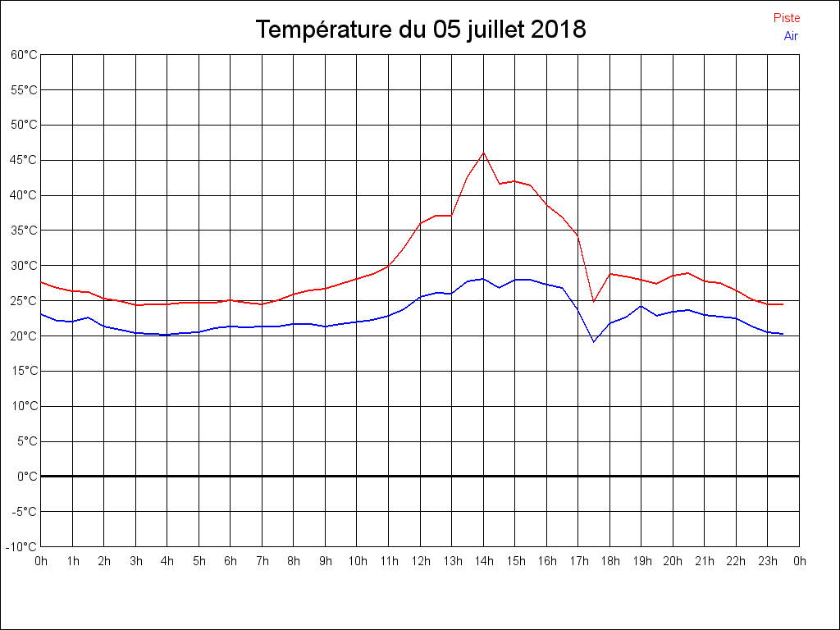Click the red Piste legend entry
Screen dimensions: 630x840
pyautogui.click(x=786, y=18)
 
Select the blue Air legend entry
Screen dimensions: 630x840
pyautogui.click(x=791, y=36)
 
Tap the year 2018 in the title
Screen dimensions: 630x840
pyautogui.click(x=558, y=30)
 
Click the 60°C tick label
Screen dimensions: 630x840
pyautogui.click(x=24, y=55)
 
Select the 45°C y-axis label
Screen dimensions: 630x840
pyautogui.click(x=24, y=160)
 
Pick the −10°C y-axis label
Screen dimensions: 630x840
pyautogui.click(x=22, y=546)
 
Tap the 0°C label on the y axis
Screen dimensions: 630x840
pyautogui.click(x=26, y=477)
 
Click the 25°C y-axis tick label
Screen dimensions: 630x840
pyautogui.click(x=24, y=301)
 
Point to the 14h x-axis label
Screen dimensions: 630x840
pyautogui.click(x=483, y=561)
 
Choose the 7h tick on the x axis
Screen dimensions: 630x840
pyautogui.click(x=262, y=561)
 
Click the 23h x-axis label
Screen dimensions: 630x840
pyautogui.click(x=768, y=561)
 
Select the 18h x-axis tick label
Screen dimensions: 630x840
pyautogui.click(x=609, y=561)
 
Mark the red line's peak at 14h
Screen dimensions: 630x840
pyautogui.click(x=483, y=153)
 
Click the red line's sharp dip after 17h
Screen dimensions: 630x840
pyautogui.click(x=594, y=301)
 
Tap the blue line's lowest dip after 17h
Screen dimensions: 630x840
pyautogui.click(x=594, y=341)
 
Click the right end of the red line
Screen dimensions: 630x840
pyautogui.click(x=783, y=304)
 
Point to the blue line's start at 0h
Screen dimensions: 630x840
pyautogui.click(x=42, y=314)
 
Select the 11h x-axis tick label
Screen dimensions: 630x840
pyautogui.click(x=389, y=561)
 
